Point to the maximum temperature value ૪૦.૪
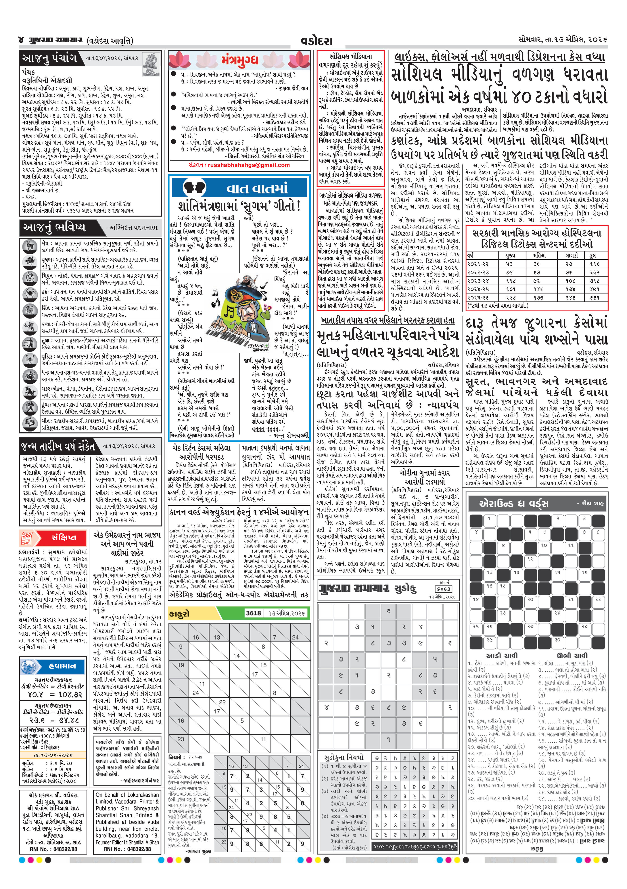[x=36, y=695]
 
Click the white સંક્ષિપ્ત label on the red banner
[x=64, y=537]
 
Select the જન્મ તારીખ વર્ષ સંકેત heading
[x=58, y=447]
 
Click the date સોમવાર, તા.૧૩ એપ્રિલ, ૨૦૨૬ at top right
[x=563, y=40]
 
